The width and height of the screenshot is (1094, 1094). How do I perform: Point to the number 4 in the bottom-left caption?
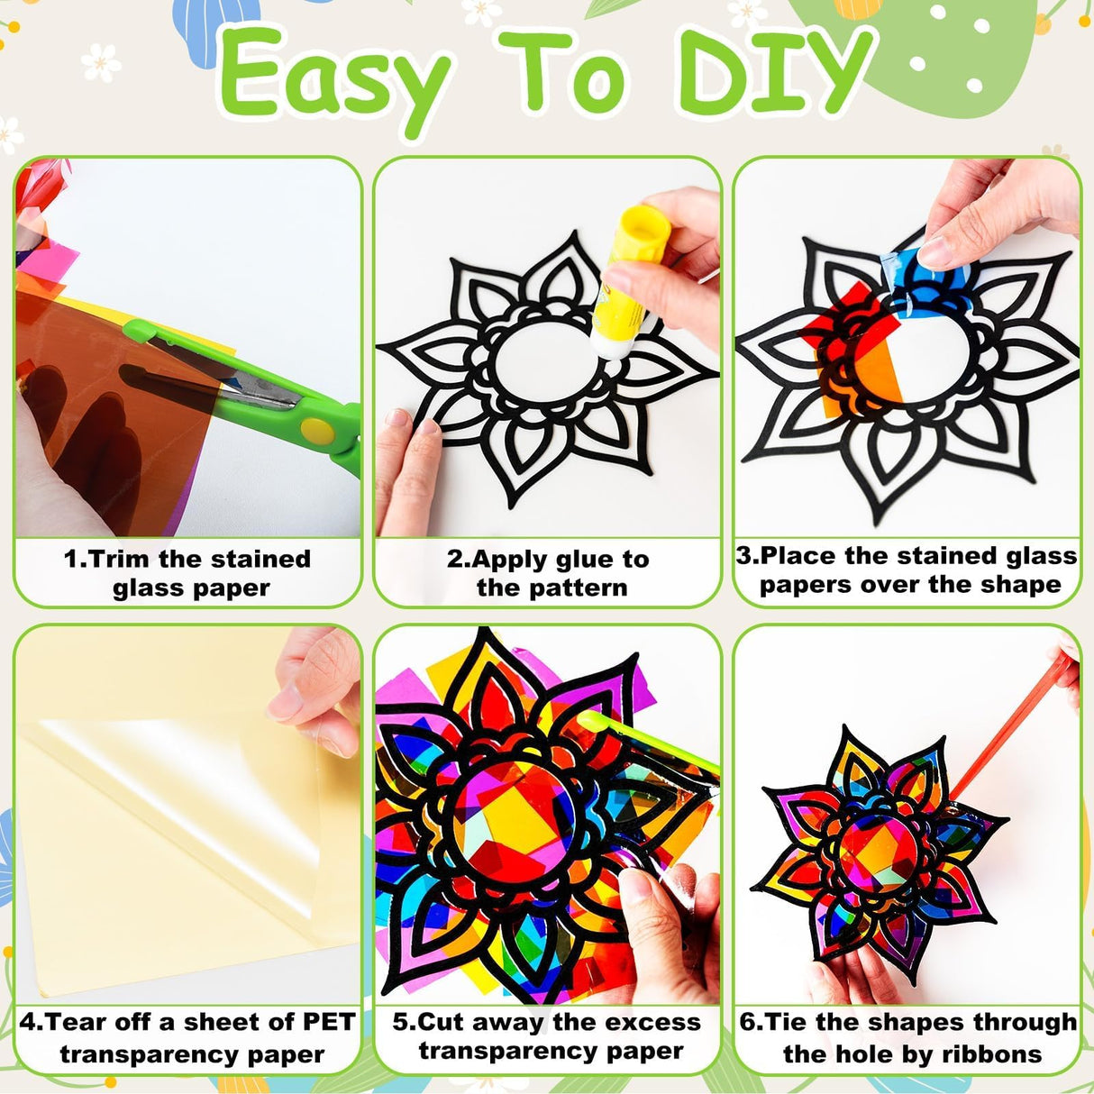27,1023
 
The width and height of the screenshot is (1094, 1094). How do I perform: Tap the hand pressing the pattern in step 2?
406,468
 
